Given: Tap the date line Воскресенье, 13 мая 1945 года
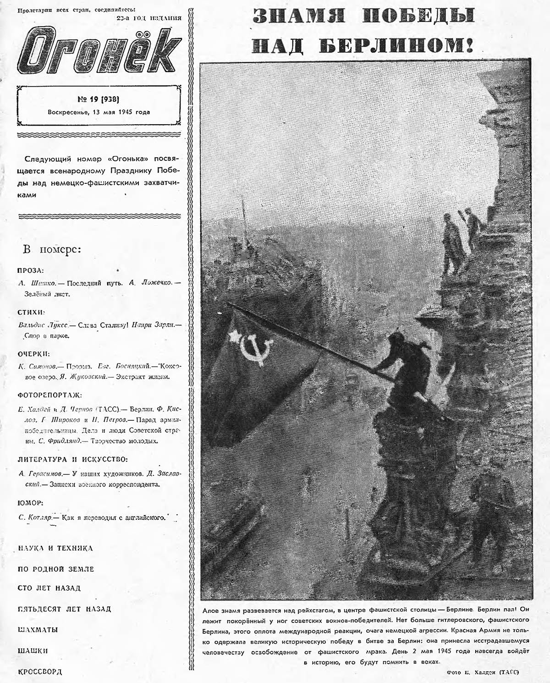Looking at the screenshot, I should point(99,112).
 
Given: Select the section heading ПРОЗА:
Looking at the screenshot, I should point(31,270).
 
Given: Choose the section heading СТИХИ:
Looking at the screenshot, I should point(31,313).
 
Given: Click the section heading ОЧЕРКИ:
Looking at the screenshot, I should point(33,354).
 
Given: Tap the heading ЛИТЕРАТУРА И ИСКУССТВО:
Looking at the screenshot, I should point(72,459).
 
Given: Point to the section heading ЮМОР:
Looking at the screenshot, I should point(30,502).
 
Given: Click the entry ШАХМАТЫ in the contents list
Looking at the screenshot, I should point(38,630).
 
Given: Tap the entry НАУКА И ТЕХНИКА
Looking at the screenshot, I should point(55,548).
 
